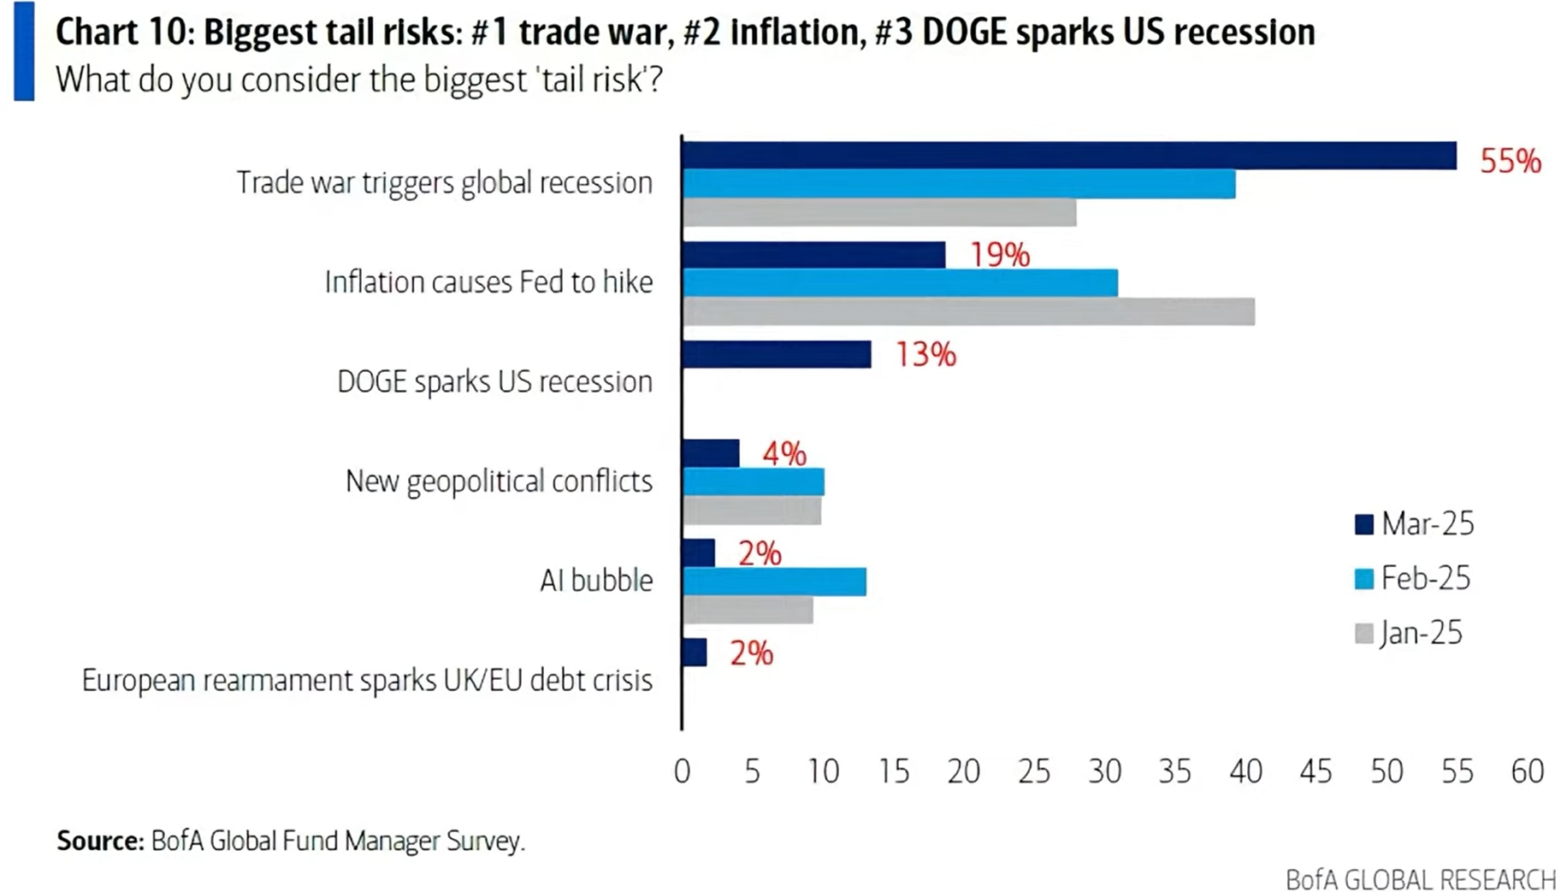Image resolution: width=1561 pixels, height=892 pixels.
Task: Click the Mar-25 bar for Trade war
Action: tap(1069, 156)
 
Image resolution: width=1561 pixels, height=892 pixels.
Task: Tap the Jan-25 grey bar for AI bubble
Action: tap(748, 610)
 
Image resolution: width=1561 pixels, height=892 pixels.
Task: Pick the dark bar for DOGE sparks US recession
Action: tap(777, 354)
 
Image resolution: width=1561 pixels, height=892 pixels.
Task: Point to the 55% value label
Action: tap(1511, 161)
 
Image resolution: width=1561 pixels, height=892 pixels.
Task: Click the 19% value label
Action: tap(999, 255)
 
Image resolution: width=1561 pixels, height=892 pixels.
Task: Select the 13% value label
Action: tap(925, 354)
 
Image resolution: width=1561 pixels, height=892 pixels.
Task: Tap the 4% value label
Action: tap(783, 454)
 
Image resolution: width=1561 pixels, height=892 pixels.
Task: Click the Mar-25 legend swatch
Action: tap(1363, 524)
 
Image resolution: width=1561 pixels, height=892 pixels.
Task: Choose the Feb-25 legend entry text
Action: tap(1426, 579)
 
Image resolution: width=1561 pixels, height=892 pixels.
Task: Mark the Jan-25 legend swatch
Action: tap(1363, 634)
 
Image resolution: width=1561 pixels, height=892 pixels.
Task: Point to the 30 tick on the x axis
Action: tap(1104, 772)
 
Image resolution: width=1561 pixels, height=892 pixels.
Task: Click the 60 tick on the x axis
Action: tap(1527, 772)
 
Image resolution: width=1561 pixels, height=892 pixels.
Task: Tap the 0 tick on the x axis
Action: tap(682, 772)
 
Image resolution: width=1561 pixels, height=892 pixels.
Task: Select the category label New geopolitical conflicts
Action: tap(499, 481)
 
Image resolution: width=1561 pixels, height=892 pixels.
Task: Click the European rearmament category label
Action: tap(367, 681)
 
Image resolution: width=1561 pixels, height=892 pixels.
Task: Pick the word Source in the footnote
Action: tap(99, 841)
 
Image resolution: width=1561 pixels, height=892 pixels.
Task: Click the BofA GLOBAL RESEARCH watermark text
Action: tap(1420, 879)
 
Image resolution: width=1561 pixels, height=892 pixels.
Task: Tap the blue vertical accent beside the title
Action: tap(24, 51)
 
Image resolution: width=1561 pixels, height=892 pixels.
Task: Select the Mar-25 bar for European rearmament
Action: tap(695, 653)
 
